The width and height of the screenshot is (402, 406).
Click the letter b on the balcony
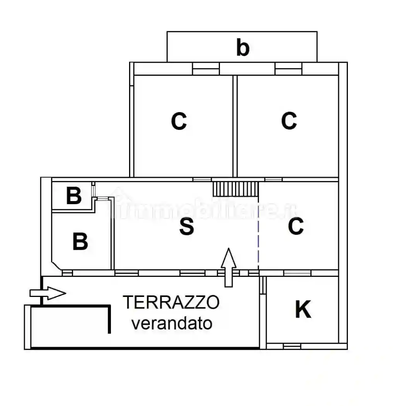pyautogui.click(x=242, y=48)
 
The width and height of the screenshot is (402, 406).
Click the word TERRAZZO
pyautogui.click(x=171, y=302)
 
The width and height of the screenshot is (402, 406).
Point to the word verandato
pyautogui.click(x=172, y=323)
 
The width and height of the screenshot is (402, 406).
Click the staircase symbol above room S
pyautogui.click(x=235, y=189)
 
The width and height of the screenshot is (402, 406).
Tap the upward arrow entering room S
pyautogui.click(x=228, y=267)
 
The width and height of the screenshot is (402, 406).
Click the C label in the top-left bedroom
pyautogui.click(x=179, y=121)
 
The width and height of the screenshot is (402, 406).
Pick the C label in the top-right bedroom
pyautogui.click(x=289, y=121)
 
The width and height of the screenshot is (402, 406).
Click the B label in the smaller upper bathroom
pyautogui.click(x=73, y=196)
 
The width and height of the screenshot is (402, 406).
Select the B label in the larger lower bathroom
pyautogui.click(x=80, y=242)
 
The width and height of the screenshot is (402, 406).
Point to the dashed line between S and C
pyautogui.click(x=258, y=240)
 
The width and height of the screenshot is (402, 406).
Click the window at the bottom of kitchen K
pyautogui.click(x=292, y=346)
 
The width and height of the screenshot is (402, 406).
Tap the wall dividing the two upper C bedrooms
pyautogui.click(x=235, y=126)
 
